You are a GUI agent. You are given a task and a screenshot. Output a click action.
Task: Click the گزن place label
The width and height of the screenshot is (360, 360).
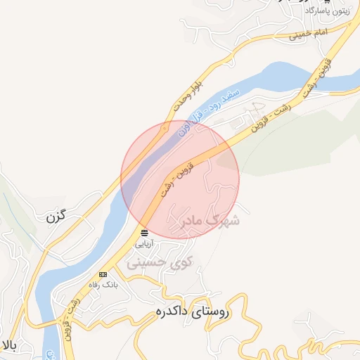click(56, 217)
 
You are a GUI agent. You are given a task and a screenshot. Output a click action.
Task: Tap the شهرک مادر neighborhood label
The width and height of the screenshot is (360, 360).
click(206, 221)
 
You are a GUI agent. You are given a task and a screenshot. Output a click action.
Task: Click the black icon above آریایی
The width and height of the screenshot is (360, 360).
click(144, 232)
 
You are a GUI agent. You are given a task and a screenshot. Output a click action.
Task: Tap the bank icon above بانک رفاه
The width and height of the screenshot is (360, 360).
click(103, 274)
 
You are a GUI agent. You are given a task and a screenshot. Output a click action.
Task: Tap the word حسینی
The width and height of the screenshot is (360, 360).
click(144, 263)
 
